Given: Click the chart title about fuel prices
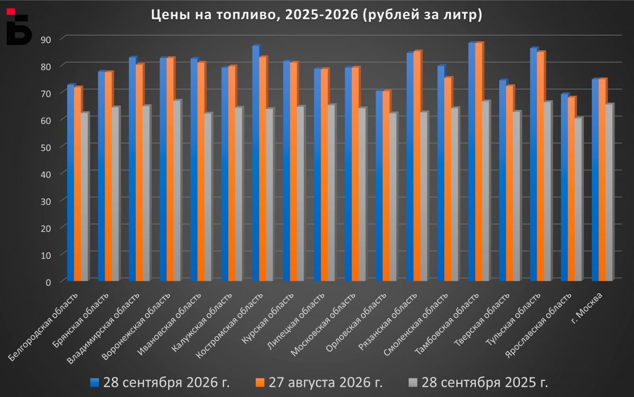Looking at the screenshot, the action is tap(316, 15).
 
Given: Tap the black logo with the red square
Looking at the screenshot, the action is tap(19, 26).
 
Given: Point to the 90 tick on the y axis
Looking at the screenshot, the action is tap(45, 40).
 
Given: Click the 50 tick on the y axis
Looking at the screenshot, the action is tap(45, 148).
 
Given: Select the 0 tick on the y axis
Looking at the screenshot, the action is tap(48, 282).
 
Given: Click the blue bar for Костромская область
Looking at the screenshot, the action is tap(256, 163).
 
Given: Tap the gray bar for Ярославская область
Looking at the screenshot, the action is tap(579, 199).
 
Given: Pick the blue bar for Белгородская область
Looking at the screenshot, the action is tap(71, 182).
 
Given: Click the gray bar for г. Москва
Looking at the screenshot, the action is tap(610, 192).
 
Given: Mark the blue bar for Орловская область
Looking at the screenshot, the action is tap(380, 186).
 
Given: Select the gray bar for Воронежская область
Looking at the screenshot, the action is tap(178, 190).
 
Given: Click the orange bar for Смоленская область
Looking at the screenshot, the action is tap(449, 179).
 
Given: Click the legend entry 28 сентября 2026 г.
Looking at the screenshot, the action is tap(160, 383).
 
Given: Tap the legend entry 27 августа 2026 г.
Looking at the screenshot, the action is tap(319, 383).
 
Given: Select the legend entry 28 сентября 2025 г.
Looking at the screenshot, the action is tap(478, 383).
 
